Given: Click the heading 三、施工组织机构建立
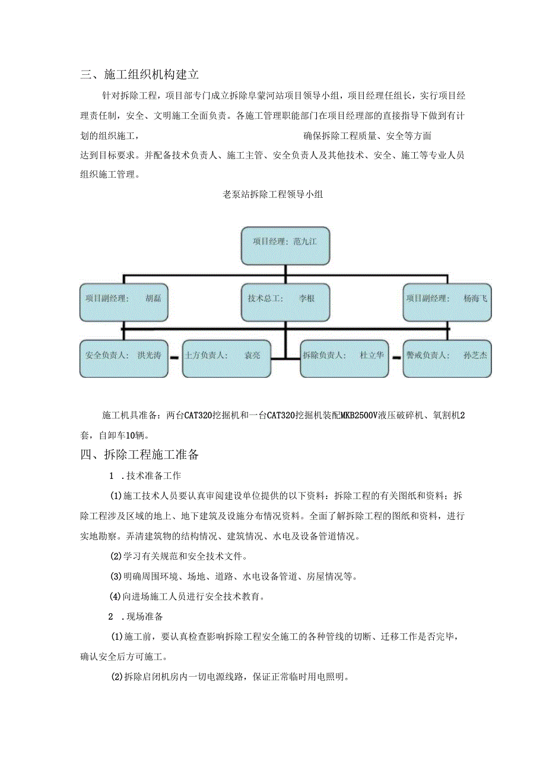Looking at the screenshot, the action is coord(139,75).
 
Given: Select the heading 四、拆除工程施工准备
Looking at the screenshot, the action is coord(139,455).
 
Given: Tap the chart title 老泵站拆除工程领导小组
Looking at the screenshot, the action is coord(272,194).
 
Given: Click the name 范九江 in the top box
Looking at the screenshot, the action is coord(305,242).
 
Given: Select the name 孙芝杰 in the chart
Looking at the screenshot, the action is coord(475,356).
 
